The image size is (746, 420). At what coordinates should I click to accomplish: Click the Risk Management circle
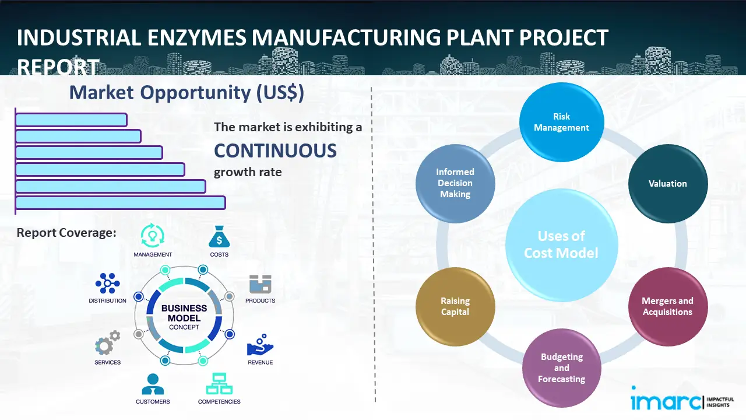[561, 122]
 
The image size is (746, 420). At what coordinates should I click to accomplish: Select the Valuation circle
[667, 184]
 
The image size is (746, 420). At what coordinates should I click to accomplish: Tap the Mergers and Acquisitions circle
[667, 306]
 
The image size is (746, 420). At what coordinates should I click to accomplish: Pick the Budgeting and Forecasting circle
[561, 367]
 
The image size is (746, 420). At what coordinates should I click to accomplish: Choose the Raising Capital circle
[455, 306]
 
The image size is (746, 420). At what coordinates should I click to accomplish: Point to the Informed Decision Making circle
[455, 184]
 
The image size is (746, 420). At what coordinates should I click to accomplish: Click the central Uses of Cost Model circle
[561, 244]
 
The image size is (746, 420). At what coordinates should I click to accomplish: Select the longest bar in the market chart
[120, 202]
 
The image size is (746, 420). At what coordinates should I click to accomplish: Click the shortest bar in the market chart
[71, 120]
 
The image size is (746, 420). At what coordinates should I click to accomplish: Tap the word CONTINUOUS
[275, 150]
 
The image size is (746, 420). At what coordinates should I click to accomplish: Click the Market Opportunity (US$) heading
[186, 93]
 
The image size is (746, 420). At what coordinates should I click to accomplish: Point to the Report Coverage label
[66, 233]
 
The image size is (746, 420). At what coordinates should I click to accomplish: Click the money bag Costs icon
[219, 237]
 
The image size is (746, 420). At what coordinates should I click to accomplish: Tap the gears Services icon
[107, 343]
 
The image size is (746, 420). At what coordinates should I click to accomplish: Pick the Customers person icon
[153, 383]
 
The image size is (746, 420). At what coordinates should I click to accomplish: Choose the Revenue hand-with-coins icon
[260, 345]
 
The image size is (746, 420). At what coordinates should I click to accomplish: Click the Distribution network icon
[107, 283]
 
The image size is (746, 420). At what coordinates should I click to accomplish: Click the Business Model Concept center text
[184, 317]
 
